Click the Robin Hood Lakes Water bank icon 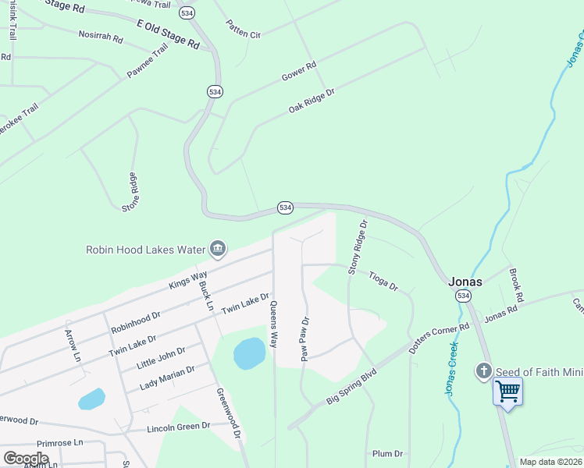coord(218,250)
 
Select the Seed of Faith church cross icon coord(483,371)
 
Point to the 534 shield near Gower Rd coord(215,91)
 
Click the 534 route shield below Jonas coord(463,296)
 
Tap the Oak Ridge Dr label coord(312,101)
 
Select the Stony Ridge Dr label coord(358,247)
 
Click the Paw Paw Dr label coord(305,339)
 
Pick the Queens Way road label coord(273,325)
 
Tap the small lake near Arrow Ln coord(91,399)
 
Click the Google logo coord(27,459)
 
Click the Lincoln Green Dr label coord(179,427)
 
